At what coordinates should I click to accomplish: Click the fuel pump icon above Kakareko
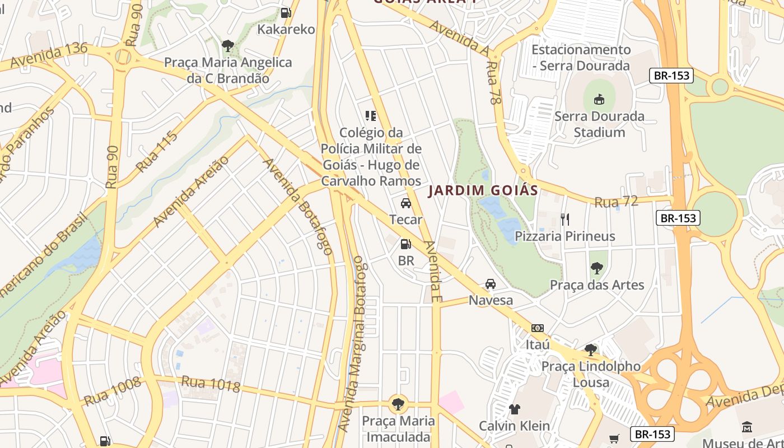tap(286, 12)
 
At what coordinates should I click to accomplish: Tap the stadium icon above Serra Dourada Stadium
tap(599, 100)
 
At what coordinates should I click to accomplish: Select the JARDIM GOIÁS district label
tap(483, 190)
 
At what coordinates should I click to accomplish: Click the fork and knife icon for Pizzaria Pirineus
tap(565, 219)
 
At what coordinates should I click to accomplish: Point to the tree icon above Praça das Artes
tap(597, 268)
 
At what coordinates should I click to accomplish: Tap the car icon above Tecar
tap(406, 203)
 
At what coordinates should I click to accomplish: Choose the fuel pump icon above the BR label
tap(406, 244)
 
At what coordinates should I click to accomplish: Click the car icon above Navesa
tap(491, 284)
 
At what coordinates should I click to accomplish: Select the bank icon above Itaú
tap(538, 328)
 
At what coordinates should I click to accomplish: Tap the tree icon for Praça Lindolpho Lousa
tap(590, 351)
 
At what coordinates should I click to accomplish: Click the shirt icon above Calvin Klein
tap(514, 409)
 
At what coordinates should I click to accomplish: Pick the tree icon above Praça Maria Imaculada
tap(398, 403)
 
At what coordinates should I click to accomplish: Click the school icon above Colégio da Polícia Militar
tap(371, 116)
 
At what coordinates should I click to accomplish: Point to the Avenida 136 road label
tap(49, 54)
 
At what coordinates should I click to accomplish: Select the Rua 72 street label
tap(616, 202)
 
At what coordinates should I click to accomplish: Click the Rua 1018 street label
tap(211, 384)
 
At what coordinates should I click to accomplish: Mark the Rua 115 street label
tap(157, 152)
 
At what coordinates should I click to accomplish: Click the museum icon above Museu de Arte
tap(746, 427)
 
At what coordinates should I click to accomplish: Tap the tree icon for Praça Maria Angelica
tap(227, 45)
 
